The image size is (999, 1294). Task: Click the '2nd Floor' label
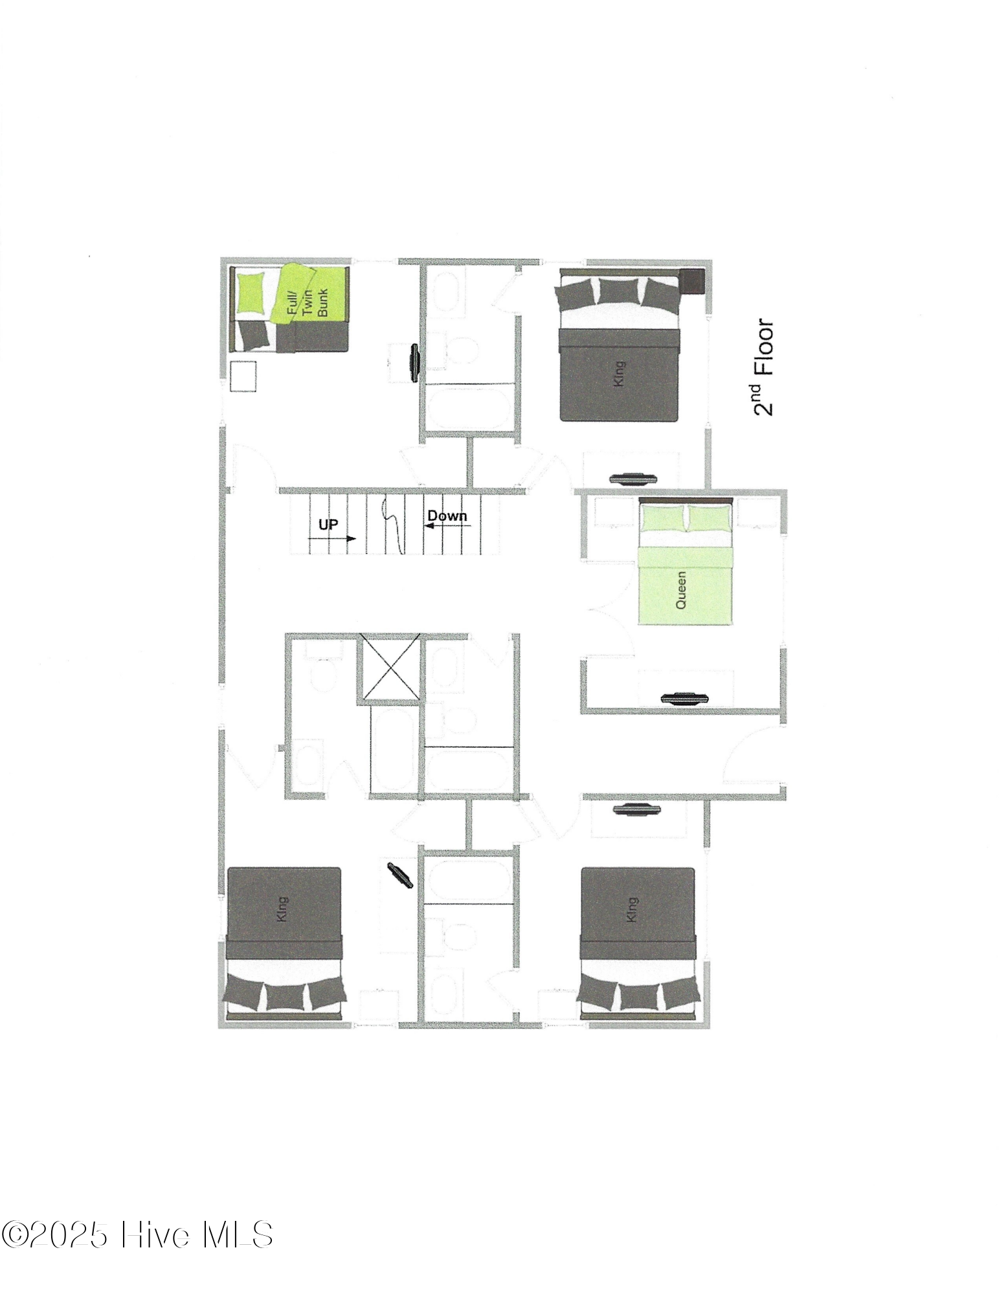tap(763, 367)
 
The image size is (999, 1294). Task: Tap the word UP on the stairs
tap(328, 524)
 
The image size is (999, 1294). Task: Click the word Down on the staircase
tap(447, 516)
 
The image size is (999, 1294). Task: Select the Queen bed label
tap(681, 589)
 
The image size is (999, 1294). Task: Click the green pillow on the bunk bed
tap(251, 292)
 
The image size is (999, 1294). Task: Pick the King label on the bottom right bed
tap(632, 909)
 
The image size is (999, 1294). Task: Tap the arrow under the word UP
tap(341, 538)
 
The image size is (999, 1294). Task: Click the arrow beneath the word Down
tap(447, 525)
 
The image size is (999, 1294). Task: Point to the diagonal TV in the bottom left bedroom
tap(400, 875)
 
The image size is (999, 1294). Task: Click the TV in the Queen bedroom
tap(685, 697)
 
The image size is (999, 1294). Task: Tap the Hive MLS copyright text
tap(137, 1234)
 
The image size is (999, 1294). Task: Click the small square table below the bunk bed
tap(243, 376)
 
